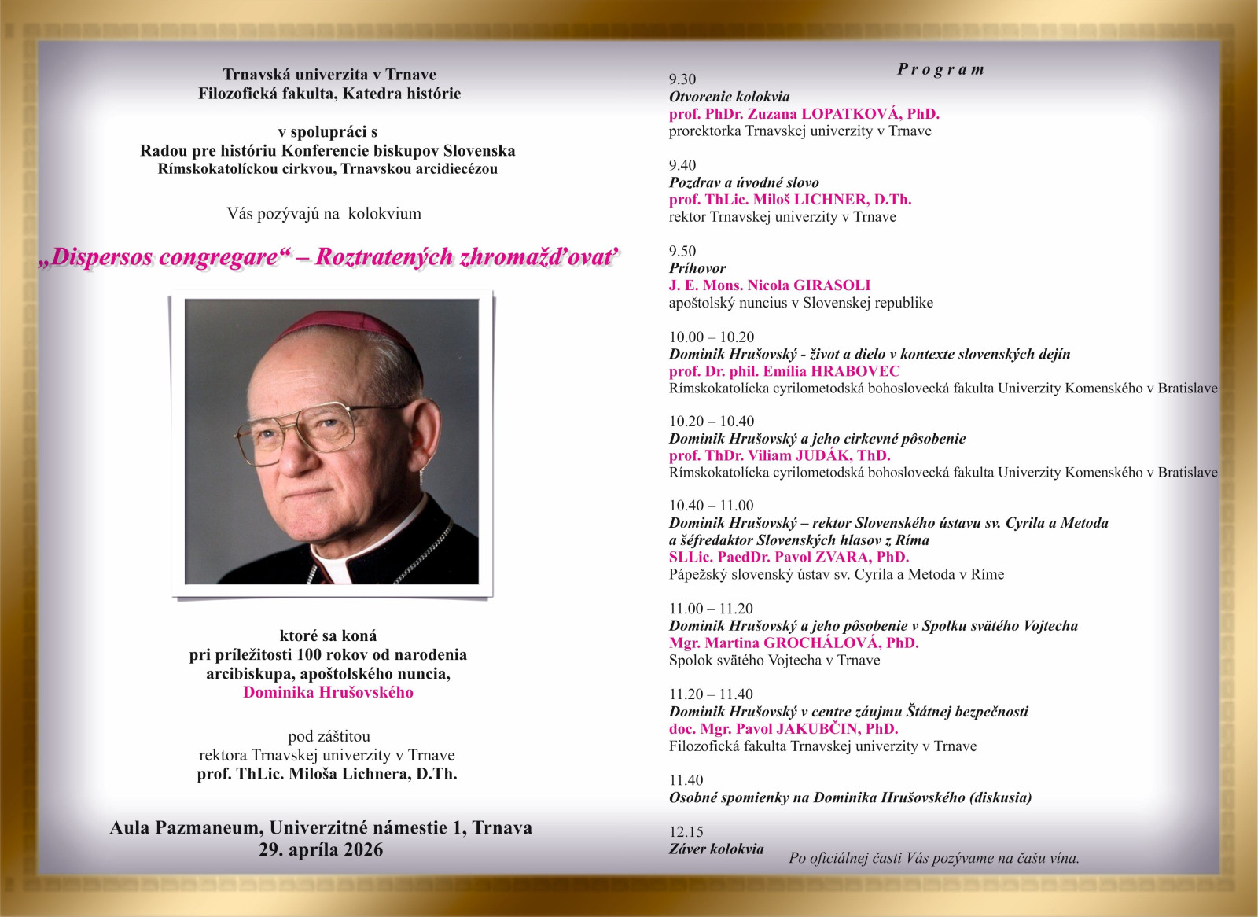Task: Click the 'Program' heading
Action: [940, 69]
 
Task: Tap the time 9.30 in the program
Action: [682, 79]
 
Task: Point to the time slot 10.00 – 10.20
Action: [712, 337]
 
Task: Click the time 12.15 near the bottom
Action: [686, 832]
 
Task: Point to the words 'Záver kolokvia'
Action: [716, 849]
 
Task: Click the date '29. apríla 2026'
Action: [321, 850]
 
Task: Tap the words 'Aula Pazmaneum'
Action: [186, 828]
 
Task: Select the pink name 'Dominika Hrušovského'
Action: [328, 693]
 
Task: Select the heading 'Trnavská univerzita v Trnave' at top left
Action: [329, 75]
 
